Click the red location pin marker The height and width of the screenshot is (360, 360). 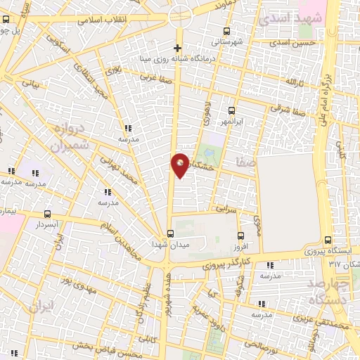181,165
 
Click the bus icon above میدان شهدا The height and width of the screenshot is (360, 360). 170,233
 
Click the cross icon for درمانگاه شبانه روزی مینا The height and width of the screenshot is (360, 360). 178,49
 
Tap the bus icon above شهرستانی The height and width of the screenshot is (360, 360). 226,31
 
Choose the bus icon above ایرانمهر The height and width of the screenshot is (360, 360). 231,110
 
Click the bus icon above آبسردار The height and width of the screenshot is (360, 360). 48,214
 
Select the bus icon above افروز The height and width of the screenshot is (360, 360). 241,236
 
